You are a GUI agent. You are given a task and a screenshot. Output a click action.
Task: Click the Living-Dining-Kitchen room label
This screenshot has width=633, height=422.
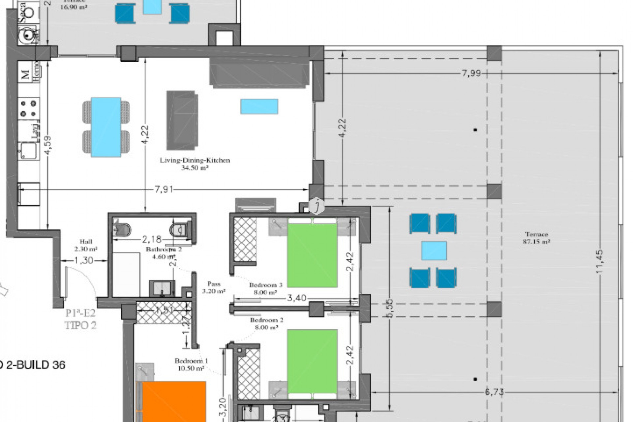click(x=195, y=164)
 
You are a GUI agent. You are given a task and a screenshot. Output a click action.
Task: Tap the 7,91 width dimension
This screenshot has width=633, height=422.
click(x=164, y=190)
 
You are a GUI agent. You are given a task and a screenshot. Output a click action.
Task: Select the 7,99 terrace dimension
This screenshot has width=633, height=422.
click(x=471, y=73)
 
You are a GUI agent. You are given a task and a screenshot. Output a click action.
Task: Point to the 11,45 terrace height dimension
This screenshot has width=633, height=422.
click(x=599, y=261)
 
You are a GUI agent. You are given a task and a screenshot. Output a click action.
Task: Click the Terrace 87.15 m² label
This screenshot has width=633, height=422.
click(x=536, y=238)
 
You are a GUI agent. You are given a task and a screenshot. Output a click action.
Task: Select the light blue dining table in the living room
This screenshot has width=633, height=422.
click(x=106, y=127)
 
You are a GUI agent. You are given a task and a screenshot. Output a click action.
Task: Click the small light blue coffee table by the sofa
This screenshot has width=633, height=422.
click(x=259, y=106)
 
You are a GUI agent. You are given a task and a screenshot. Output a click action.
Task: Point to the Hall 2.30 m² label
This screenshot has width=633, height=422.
click(x=86, y=245)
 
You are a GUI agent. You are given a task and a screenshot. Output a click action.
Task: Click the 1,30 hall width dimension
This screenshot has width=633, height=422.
click(x=84, y=260)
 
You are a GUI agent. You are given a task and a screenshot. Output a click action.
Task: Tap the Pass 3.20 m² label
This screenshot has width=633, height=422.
click(x=214, y=287)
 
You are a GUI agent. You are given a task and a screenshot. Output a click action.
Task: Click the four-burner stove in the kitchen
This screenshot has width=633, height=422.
click(x=28, y=109)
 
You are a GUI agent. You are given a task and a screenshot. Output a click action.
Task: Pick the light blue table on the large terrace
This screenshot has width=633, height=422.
click(x=434, y=251)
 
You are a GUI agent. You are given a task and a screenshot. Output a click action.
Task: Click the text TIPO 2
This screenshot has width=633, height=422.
click(x=80, y=325)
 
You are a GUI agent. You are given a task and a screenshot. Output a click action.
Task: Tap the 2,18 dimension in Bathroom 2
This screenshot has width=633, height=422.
click(x=152, y=238)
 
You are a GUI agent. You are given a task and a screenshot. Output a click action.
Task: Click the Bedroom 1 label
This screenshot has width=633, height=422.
click(x=191, y=364)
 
